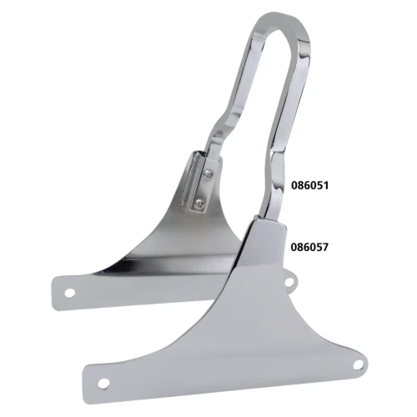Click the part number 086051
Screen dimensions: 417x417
pyautogui.click(x=309, y=185)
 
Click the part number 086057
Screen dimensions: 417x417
pyautogui.click(x=309, y=247)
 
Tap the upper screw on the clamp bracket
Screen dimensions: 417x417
pyautogui.click(x=208, y=174)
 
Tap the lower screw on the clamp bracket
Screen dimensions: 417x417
pyautogui.click(x=199, y=204)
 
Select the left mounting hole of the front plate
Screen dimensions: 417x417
pyautogui.click(x=103, y=384)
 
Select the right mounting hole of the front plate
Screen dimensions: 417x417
pyautogui.click(x=359, y=364)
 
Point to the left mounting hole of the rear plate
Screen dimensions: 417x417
pyautogui.click(x=70, y=293)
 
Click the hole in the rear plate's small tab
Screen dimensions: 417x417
pyautogui.click(x=289, y=283)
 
